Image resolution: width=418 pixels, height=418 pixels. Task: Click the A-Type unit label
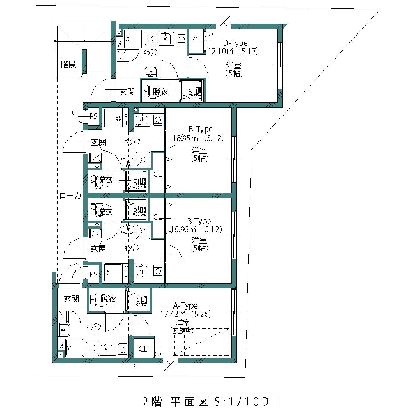point(185,306)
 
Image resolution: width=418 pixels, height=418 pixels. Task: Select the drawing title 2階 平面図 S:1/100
point(203,402)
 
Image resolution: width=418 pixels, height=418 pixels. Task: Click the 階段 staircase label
point(68,64)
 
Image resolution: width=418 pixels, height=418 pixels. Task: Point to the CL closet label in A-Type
point(142,349)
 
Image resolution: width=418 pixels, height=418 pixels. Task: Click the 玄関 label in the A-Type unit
point(72,299)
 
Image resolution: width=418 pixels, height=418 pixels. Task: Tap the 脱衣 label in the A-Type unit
point(107,300)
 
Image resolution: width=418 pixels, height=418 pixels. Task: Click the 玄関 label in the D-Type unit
point(127,92)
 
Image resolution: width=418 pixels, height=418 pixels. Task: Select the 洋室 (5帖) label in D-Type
point(233,70)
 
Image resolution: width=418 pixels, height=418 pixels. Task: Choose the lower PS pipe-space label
point(93,274)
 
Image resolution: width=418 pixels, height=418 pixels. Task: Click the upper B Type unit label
point(200,130)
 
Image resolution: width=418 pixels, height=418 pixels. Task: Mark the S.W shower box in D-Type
point(192,91)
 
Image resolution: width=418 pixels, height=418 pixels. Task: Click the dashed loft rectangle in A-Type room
point(203,341)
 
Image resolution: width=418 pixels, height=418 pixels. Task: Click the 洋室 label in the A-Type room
point(183,323)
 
